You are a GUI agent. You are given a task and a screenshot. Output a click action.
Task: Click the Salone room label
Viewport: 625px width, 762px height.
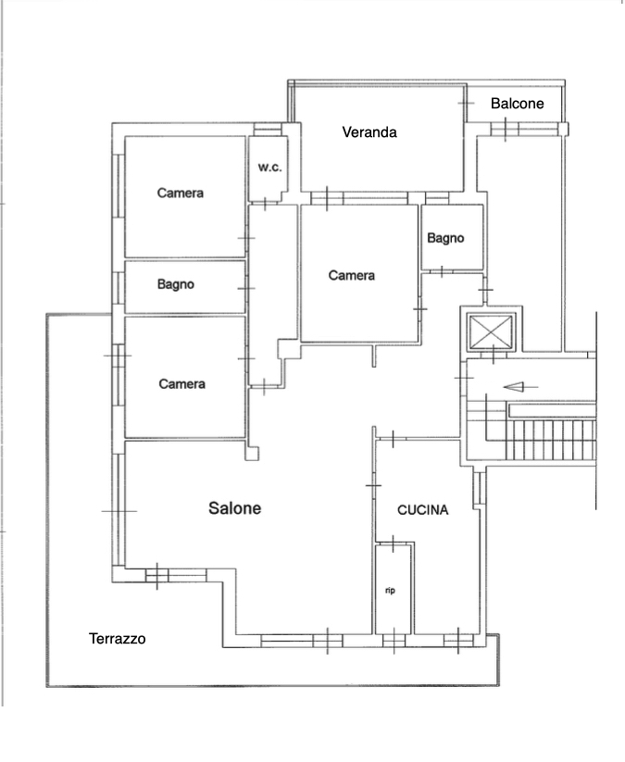[x=235, y=508]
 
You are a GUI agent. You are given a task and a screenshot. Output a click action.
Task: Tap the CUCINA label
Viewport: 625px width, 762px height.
[x=423, y=510]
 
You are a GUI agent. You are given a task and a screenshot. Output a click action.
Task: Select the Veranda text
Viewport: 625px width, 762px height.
[x=369, y=132]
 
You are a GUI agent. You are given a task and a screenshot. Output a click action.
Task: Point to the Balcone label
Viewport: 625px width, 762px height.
[x=517, y=104]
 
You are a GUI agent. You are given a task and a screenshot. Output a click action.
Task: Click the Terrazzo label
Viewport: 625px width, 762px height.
[x=117, y=639]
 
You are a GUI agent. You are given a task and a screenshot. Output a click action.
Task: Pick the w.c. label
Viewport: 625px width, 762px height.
[x=269, y=168]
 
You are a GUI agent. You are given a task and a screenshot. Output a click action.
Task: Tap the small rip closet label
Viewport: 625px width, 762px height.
[x=390, y=591]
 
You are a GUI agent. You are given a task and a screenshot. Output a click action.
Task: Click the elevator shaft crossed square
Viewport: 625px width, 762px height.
[x=491, y=331]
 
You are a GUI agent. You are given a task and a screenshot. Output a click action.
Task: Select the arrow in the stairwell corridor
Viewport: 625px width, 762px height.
[x=520, y=387]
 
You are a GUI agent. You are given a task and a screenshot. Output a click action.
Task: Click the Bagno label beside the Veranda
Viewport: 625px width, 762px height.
[x=445, y=238]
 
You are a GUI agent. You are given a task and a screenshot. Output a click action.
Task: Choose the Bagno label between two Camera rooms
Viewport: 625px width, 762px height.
[x=175, y=284]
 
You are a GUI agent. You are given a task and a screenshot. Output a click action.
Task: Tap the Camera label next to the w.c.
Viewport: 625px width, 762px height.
[x=181, y=193]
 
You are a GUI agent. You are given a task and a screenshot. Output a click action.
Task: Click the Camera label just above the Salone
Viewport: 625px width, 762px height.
[x=181, y=384]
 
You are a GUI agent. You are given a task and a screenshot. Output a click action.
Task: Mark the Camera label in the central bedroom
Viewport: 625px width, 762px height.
[x=351, y=276]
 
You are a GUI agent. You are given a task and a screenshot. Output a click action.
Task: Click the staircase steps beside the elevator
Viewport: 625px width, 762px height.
[x=551, y=440]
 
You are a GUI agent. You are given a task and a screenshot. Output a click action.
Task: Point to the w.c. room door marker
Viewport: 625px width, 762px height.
[x=265, y=203]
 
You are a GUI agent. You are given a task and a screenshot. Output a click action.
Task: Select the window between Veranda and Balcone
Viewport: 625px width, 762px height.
[x=466, y=103]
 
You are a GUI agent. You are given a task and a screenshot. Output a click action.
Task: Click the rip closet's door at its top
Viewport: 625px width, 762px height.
[x=394, y=543]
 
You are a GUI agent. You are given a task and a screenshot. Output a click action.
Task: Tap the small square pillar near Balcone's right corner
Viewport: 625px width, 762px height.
[x=563, y=129]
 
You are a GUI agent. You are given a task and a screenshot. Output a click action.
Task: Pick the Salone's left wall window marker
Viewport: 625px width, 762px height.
[x=119, y=511]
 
